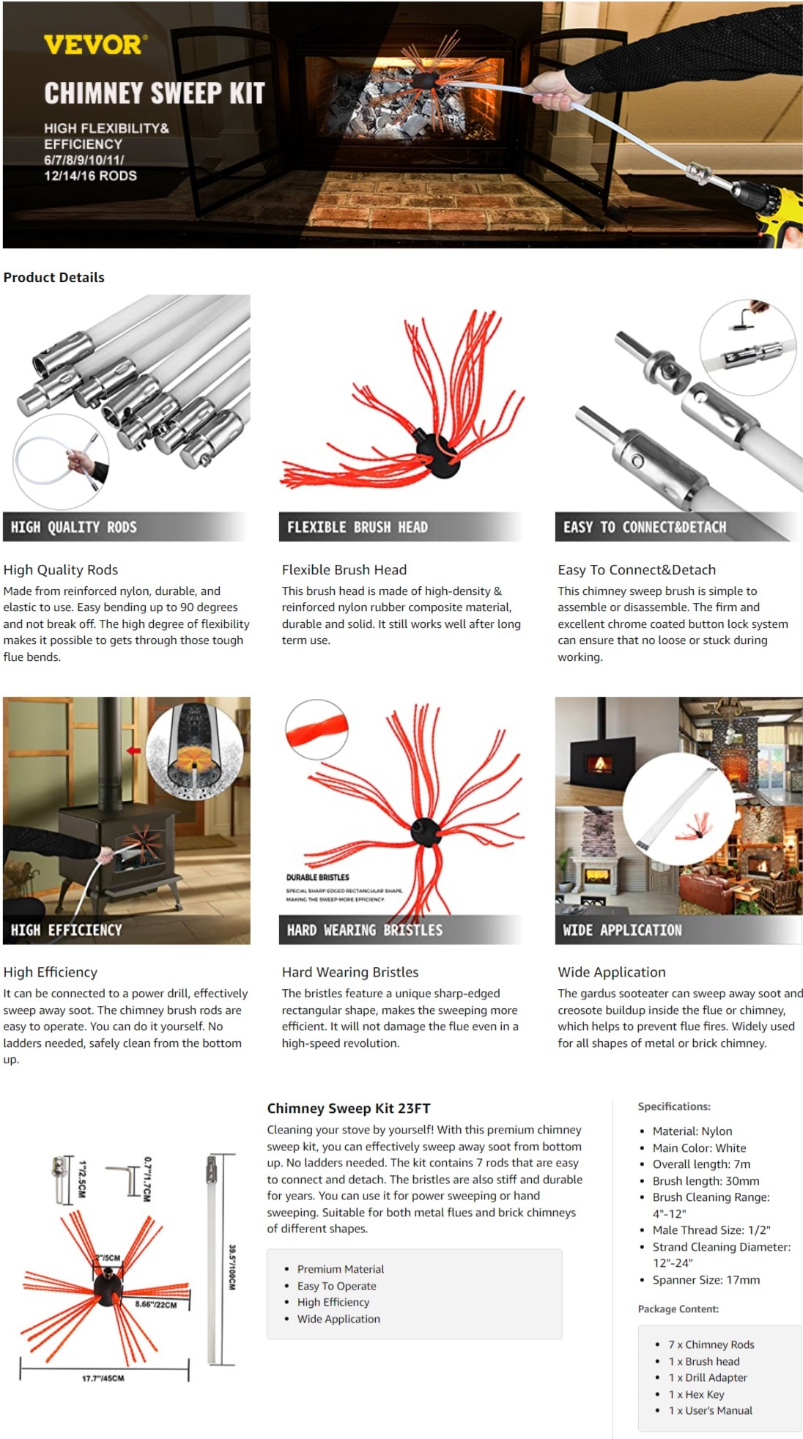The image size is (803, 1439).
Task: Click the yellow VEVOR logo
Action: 95,45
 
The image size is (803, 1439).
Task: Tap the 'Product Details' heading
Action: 54,278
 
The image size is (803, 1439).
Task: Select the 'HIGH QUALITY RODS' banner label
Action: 74,527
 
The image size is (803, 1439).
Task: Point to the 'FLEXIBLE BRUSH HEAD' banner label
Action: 358,527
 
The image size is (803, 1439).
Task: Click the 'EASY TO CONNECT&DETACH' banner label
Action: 645,527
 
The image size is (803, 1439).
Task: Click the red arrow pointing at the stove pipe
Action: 133,750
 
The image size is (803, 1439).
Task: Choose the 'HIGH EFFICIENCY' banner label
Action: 67,930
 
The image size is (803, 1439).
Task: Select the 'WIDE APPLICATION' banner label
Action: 623,930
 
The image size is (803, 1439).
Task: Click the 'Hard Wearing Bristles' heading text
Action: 350,972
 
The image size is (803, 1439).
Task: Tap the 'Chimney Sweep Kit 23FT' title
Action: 349,1109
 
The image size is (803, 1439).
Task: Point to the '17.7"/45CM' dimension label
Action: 103,1378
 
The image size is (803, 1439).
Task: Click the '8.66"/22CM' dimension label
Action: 156,1304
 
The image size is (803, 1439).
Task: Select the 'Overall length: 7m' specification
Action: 702,1164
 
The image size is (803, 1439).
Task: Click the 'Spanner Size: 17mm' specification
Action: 706,1280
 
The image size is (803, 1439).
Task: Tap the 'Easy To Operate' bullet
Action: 337,1286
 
